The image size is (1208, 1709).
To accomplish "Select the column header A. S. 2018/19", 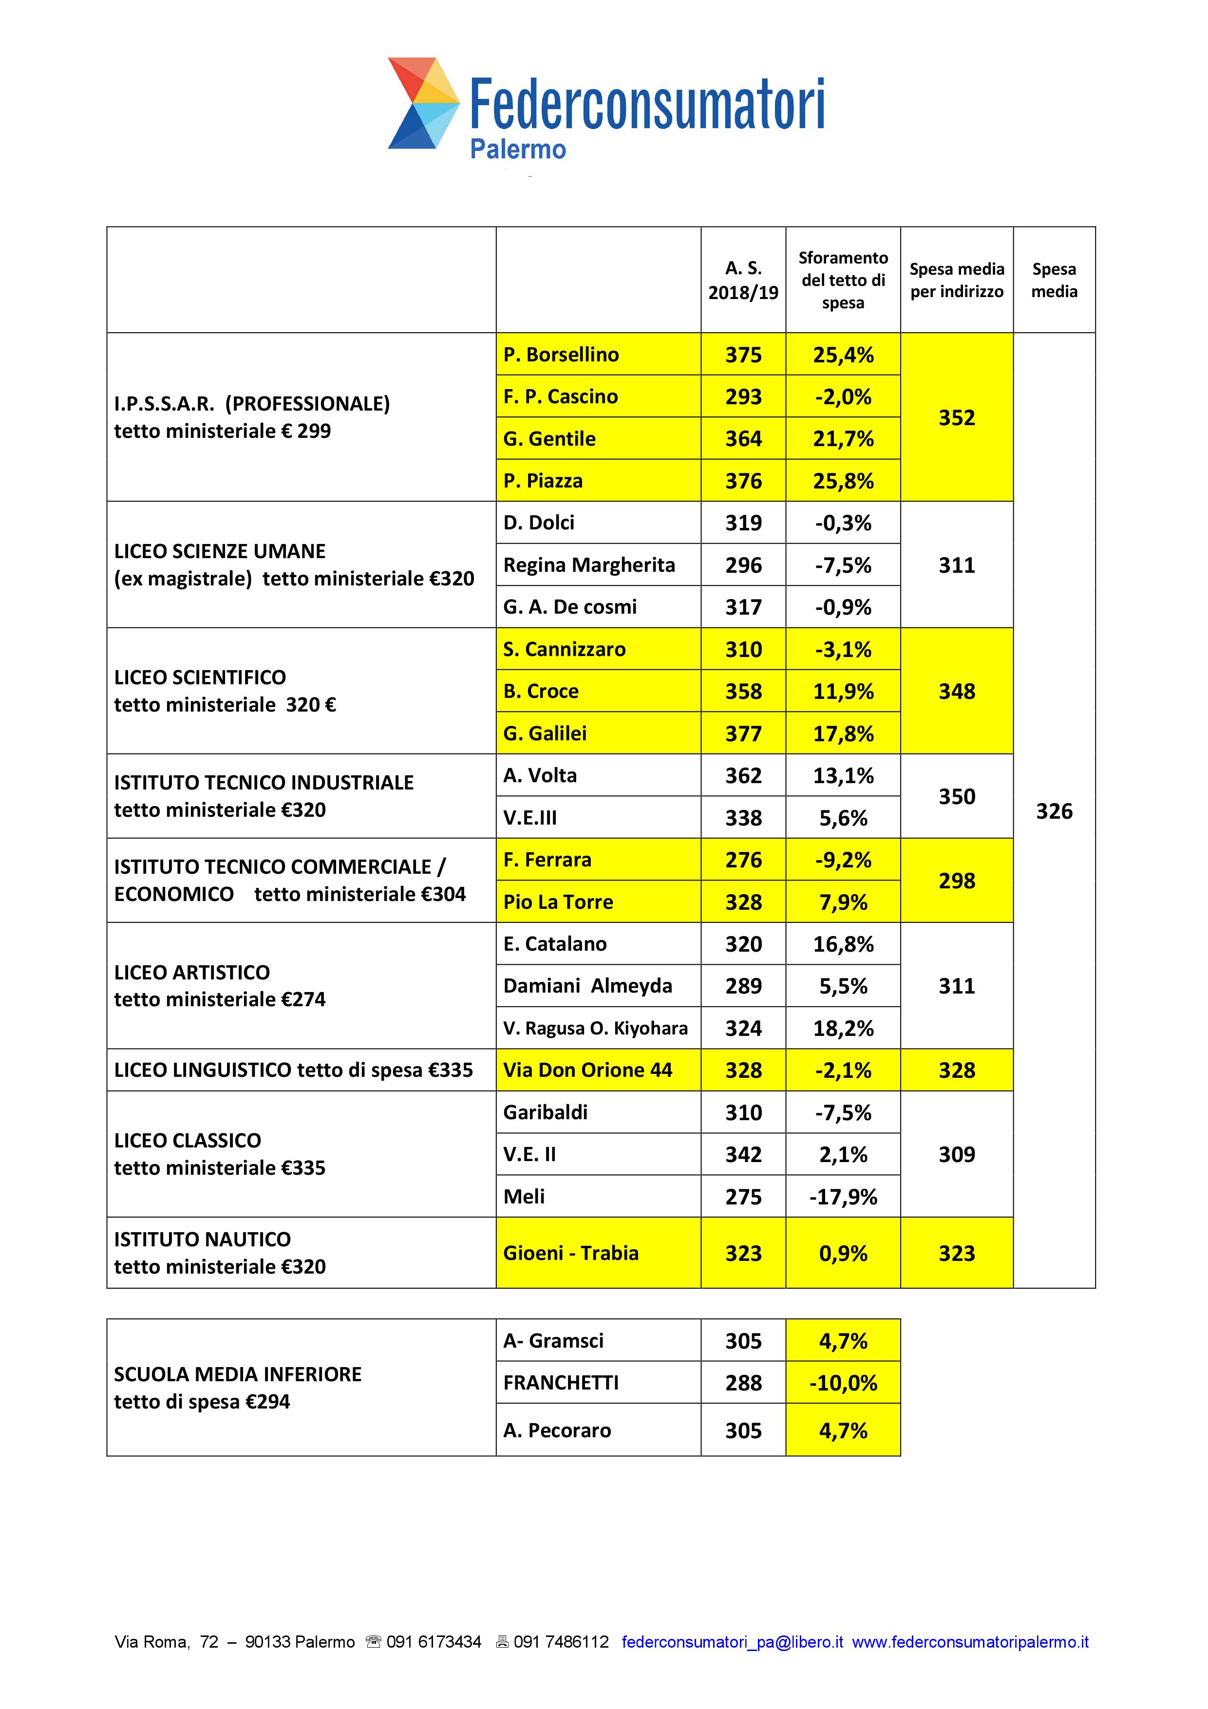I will [743, 280].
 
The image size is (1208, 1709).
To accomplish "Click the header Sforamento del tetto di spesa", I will [843, 280].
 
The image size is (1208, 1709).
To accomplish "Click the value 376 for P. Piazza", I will [743, 481].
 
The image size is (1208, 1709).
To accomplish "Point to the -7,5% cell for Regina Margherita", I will [843, 565].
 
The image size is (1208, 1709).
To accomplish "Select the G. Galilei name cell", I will [545, 733].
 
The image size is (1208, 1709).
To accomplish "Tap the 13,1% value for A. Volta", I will [843, 775].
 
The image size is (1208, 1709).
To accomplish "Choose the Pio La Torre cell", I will [558, 902].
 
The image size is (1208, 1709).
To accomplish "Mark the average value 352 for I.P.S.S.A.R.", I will [957, 417].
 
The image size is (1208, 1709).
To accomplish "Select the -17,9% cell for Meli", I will [843, 1197].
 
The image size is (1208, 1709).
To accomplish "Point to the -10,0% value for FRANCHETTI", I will [843, 1383].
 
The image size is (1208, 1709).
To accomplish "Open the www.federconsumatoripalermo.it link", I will [970, 1642].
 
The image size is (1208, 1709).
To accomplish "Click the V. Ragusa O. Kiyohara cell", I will [595, 1028].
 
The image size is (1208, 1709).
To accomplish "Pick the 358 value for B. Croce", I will [743, 692].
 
